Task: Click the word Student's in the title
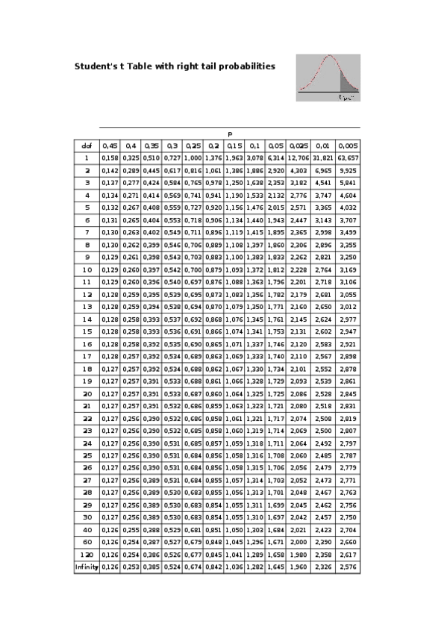click(x=94, y=66)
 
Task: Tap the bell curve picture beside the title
click(x=328, y=77)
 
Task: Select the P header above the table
click(x=230, y=134)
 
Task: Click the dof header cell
click(x=87, y=146)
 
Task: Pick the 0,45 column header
click(x=110, y=146)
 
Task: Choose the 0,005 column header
click(x=347, y=146)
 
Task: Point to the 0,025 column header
click(x=298, y=146)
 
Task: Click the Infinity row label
click(x=87, y=567)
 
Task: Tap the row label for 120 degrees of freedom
click(x=87, y=555)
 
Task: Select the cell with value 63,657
click(x=347, y=158)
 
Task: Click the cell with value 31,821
click(x=322, y=158)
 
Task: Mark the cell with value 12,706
click(x=298, y=158)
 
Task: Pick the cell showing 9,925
click(x=347, y=170)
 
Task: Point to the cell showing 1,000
click(x=193, y=158)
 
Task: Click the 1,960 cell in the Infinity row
click(x=298, y=567)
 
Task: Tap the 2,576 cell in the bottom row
click(x=347, y=567)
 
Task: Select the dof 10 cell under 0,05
click(x=275, y=269)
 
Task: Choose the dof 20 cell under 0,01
click(x=322, y=393)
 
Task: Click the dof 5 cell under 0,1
click(x=254, y=208)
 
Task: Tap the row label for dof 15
click(x=87, y=331)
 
